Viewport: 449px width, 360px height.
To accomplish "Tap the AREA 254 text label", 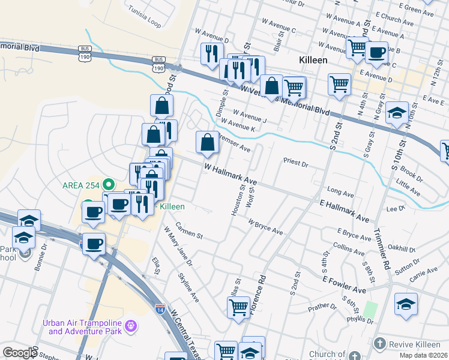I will coord(81,184).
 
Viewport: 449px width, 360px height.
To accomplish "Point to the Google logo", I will coord(20,353).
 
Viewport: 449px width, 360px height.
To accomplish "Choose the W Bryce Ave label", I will coord(265,226).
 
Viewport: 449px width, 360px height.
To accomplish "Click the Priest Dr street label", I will coord(295,163).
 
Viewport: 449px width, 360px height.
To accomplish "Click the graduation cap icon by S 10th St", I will coord(397,112).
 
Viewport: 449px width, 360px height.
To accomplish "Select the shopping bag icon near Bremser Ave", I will coord(207,142).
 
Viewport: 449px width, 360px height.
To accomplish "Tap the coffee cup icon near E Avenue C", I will coord(377,53).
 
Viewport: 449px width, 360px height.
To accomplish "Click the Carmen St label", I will coord(189,231).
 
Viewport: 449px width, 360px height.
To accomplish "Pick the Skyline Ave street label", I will coord(188,287).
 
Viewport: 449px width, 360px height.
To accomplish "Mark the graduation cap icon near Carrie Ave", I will coord(406,304).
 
